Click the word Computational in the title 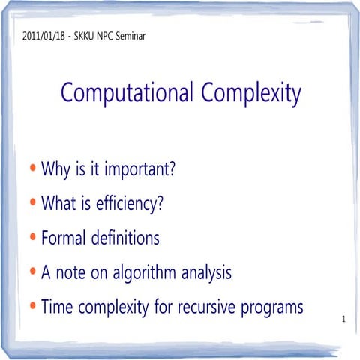127,94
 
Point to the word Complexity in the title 251,94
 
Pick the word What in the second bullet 58,203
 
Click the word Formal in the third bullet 65,238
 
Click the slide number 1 342,320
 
